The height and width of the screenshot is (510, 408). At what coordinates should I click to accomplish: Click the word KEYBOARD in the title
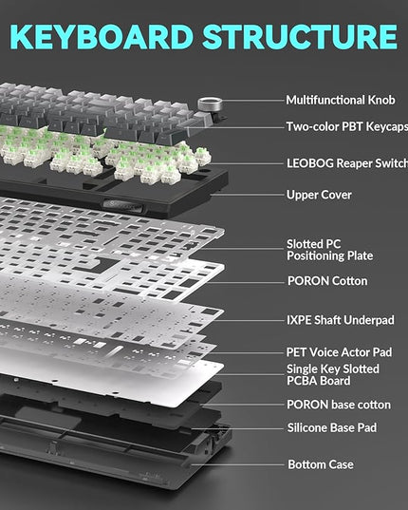pos(102,36)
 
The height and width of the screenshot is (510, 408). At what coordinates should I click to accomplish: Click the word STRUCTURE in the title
pos(300,36)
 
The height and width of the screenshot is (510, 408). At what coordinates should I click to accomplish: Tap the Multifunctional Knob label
pos(341,100)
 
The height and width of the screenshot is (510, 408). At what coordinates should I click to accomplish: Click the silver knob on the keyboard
pos(211,104)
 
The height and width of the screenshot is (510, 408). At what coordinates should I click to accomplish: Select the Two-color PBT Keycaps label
pos(347,126)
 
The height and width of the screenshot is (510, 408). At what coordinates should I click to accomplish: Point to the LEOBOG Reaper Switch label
pos(347,163)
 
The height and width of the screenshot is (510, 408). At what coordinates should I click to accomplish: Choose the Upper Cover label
pos(319,195)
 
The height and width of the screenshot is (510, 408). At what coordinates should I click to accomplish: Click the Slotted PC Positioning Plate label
pos(329,250)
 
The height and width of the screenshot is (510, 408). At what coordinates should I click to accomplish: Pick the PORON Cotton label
pos(327,281)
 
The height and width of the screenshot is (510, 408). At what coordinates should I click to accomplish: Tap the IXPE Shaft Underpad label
pos(341,320)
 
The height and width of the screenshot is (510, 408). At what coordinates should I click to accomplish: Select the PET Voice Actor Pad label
pos(339,352)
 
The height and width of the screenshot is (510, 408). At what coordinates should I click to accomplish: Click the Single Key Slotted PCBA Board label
pos(333,375)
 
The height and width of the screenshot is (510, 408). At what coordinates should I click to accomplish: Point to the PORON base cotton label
pos(339,405)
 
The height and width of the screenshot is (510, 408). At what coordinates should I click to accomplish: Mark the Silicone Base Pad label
pos(332,427)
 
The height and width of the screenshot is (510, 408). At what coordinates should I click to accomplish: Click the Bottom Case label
pos(321,464)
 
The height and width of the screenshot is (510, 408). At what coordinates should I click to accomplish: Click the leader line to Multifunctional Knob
pos(253,101)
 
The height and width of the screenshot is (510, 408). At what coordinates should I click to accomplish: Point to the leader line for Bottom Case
pos(237,464)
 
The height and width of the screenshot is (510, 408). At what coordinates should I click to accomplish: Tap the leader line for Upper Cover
pos(248,195)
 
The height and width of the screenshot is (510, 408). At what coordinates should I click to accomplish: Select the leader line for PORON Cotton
pos(246,282)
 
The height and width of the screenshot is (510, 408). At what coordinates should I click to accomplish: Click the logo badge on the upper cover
pos(121,205)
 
